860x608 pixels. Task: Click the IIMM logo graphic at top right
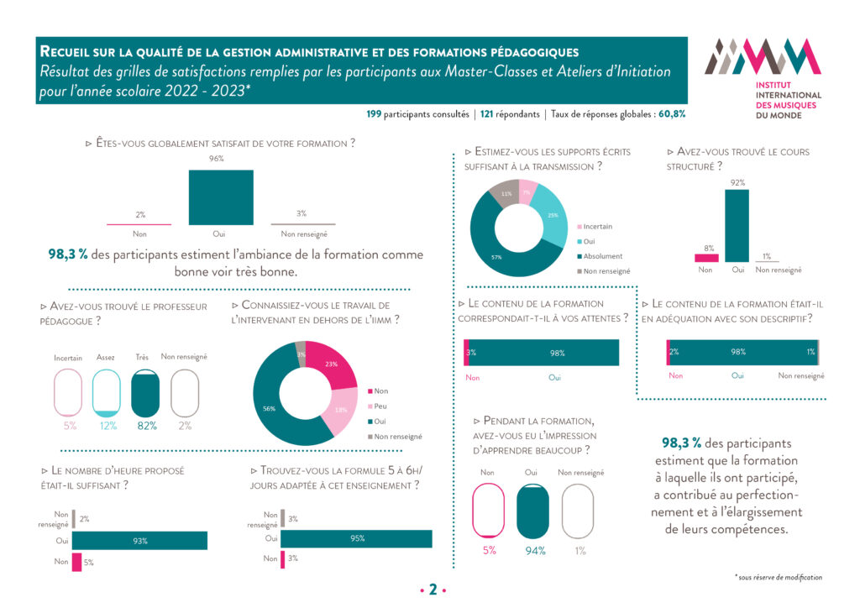coord(763,57)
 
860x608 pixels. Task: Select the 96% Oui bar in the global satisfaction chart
coord(221,197)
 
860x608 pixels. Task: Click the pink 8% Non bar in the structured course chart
coord(706,258)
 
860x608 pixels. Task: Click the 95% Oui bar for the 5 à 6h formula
coord(356,538)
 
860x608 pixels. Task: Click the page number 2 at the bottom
coord(433,590)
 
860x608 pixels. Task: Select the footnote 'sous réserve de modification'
coord(777,577)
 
